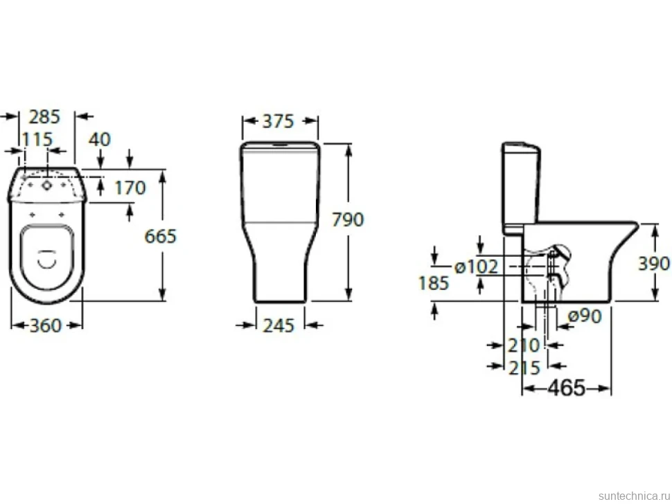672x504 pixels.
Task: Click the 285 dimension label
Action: coord(44,116)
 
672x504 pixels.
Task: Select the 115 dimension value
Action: coord(37,140)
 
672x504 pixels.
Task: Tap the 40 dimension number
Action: coord(100,140)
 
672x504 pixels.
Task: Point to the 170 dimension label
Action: coord(130,188)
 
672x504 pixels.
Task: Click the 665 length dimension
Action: coord(160,236)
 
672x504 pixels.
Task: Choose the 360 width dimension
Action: coord(46,326)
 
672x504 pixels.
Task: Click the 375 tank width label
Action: coord(278,121)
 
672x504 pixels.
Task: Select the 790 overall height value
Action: coord(348,219)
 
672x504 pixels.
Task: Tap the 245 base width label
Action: coord(278,326)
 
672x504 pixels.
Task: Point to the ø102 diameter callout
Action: coord(476,267)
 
